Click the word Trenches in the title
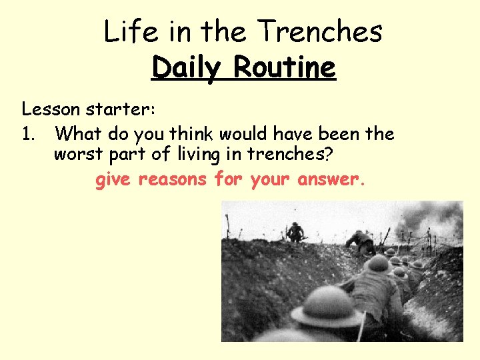pos(320,32)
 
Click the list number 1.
pos(27,134)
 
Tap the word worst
pos(75,155)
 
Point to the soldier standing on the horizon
pos(295,231)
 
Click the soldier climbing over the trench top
pos(361,241)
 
